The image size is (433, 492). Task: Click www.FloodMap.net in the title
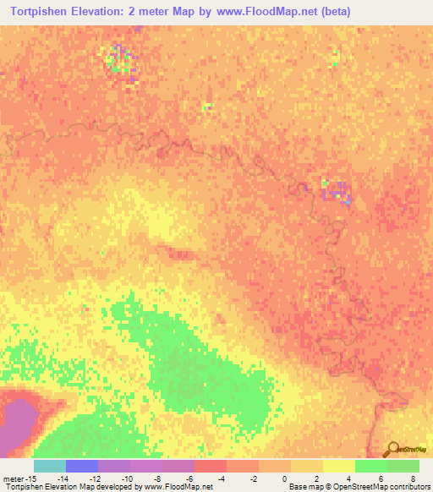coord(260,12)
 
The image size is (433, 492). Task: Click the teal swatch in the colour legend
coord(49,466)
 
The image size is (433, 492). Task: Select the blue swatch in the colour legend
coord(81,466)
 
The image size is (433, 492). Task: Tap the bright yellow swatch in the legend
coord(338,466)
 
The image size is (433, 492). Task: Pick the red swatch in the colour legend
coord(210,466)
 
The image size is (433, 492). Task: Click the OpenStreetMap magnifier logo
coord(393,449)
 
